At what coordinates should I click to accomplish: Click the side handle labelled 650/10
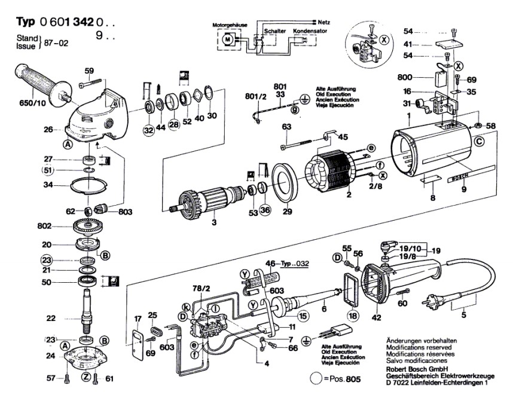[x=42, y=82]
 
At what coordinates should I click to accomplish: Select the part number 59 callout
[x=89, y=71]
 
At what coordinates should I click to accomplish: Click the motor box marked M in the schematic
[x=227, y=39]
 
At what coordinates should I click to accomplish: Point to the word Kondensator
[x=310, y=31]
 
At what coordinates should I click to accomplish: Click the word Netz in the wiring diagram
[x=324, y=22]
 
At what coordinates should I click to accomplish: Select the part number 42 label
[x=377, y=317]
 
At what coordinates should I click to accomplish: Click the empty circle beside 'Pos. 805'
[x=316, y=378]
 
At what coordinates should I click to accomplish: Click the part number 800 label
[x=405, y=78]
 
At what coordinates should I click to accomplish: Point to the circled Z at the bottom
[x=86, y=377]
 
